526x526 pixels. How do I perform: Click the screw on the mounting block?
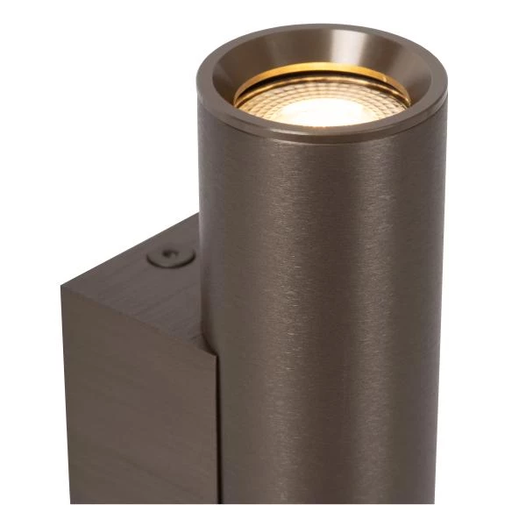click(171, 257)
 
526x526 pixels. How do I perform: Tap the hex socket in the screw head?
click(172, 257)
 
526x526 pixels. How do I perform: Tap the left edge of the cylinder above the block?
click(201, 175)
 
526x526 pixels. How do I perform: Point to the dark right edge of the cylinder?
click(441, 333)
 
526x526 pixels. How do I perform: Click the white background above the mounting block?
click(105, 131)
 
